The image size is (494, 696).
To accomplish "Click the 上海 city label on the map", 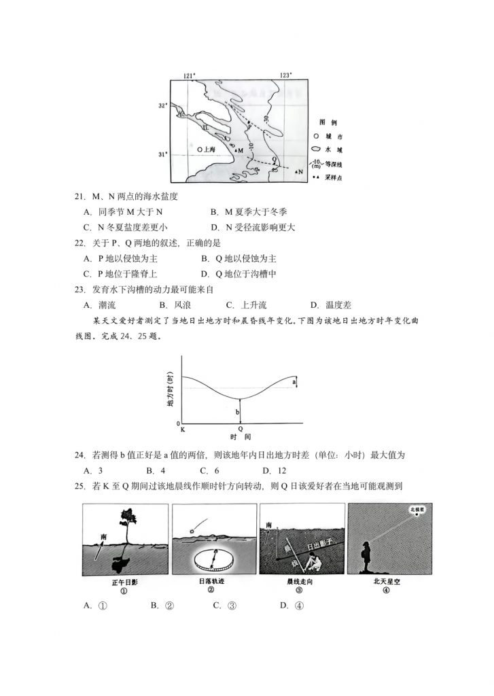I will [x=206, y=147].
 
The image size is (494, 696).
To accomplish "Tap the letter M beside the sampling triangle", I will [x=241, y=150].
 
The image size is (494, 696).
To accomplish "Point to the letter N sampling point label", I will [x=300, y=173].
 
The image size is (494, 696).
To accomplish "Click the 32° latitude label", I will [x=162, y=106].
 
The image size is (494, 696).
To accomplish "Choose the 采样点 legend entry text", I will [x=332, y=177].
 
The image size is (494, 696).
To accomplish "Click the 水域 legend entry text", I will [x=332, y=148].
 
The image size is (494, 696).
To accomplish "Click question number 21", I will [x=80, y=197].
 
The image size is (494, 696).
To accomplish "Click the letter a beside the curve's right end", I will [x=294, y=383].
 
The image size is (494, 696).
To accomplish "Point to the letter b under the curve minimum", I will [x=237, y=412].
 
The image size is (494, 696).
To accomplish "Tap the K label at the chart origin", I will [x=181, y=430].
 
